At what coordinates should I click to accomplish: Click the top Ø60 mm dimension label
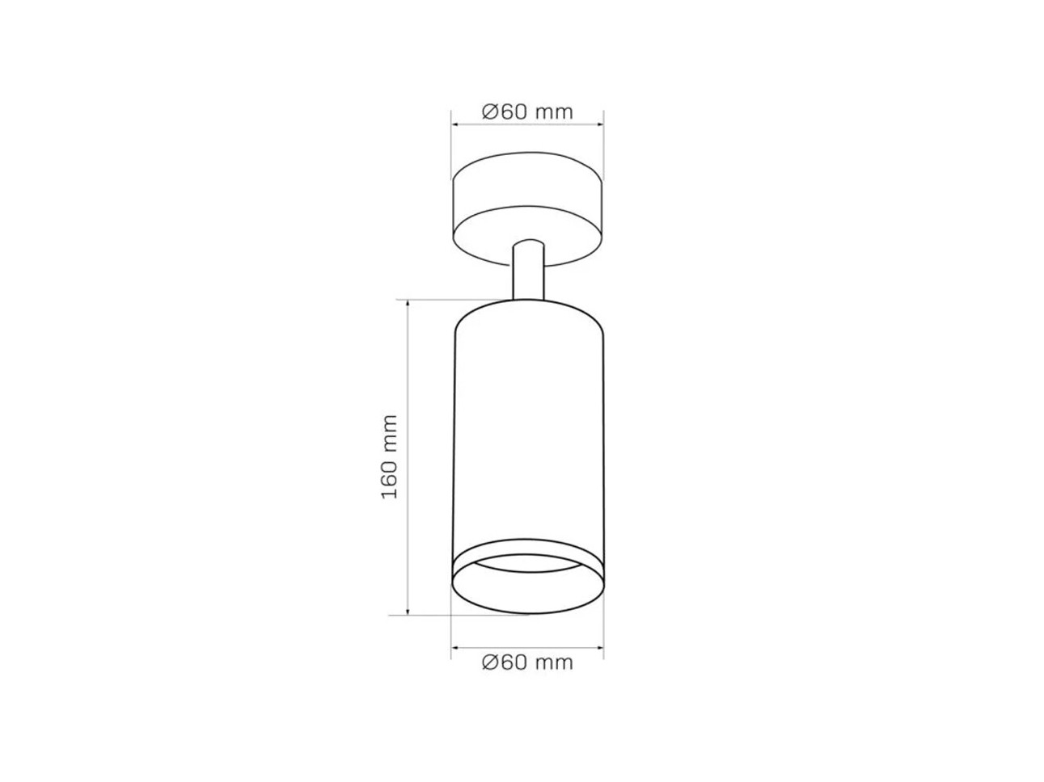pyautogui.click(x=527, y=112)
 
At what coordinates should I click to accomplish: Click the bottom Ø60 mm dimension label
pyautogui.click(x=527, y=662)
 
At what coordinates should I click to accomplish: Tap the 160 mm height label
pyautogui.click(x=390, y=457)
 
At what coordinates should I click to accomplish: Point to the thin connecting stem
pyautogui.click(x=528, y=271)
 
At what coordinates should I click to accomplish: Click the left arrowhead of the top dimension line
pyautogui.click(x=454, y=125)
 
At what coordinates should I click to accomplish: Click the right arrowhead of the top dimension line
pyautogui.click(x=600, y=125)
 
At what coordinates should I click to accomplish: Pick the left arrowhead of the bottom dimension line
pyautogui.click(x=454, y=647)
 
